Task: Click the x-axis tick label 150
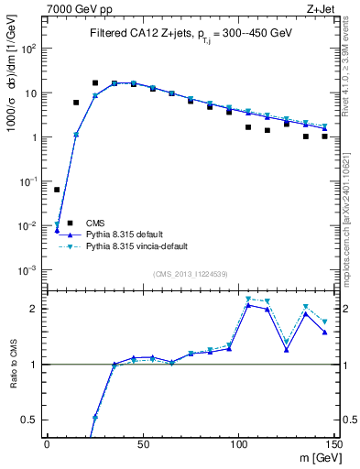pyautogui.click(x=333, y=444)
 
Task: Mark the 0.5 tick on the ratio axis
pyautogui.click(x=32, y=420)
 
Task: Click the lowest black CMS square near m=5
pyautogui.click(x=57, y=190)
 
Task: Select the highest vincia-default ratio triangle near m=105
pyautogui.click(x=248, y=299)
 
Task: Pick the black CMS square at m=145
pyautogui.click(x=324, y=136)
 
